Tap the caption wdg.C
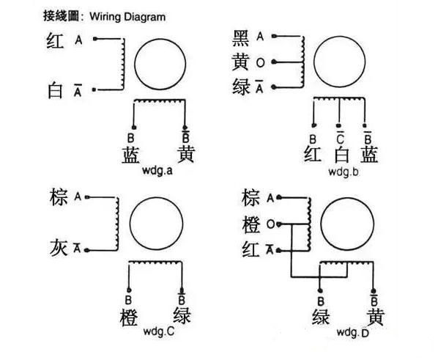(x=157, y=331)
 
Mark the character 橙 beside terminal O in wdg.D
(x=250, y=224)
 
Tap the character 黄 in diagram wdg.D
(x=375, y=317)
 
